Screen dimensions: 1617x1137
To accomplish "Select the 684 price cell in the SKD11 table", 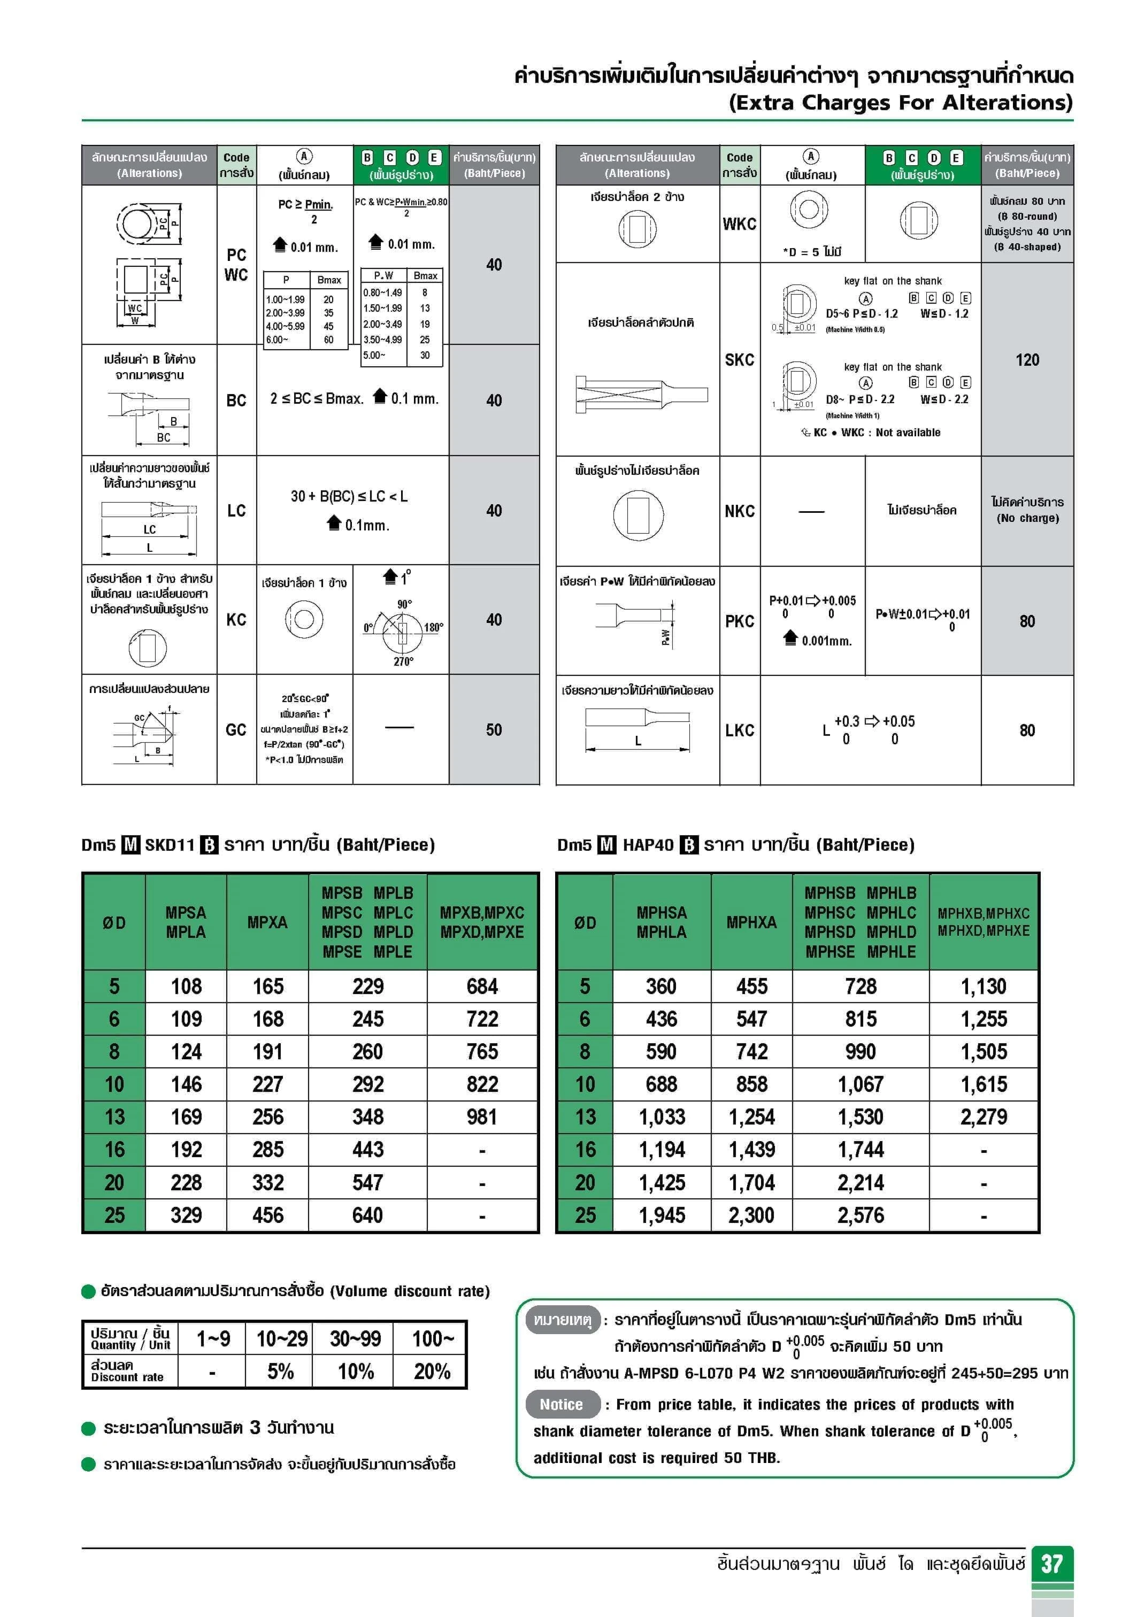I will click(482, 986).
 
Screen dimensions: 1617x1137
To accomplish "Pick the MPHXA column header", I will click(751, 922).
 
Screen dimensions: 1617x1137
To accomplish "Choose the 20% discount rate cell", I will click(432, 1371).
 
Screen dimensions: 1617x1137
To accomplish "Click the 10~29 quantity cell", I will click(281, 1338).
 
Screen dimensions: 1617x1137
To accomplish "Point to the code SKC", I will click(739, 360).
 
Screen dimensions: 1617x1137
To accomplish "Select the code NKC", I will click(739, 511).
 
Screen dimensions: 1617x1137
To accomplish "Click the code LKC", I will click(739, 730).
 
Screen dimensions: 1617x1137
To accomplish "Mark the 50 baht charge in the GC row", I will click(493, 729).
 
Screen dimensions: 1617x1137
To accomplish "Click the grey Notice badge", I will click(562, 1404).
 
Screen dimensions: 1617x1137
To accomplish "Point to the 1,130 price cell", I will click(984, 986).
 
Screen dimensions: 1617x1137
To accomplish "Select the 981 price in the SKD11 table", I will click(482, 1117).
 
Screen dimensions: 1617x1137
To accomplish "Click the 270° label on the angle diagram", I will click(403, 661).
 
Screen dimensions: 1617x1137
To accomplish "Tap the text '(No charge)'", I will click(1027, 518).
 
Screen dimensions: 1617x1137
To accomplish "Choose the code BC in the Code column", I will click(236, 400).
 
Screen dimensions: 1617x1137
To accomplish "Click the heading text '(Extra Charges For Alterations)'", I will click(900, 103).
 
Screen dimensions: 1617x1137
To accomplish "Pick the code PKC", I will click(739, 621).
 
